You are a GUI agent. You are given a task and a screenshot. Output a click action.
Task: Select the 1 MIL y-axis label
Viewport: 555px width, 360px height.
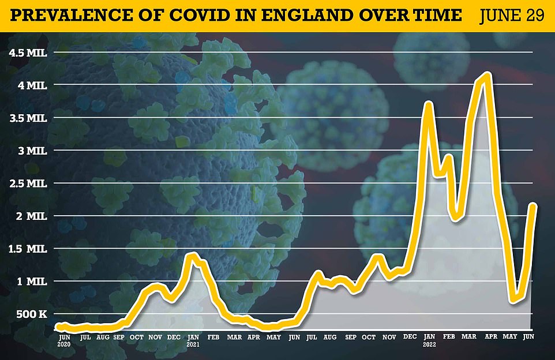[x=34, y=282]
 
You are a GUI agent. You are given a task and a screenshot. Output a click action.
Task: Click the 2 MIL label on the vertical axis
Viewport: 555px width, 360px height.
[x=34, y=216]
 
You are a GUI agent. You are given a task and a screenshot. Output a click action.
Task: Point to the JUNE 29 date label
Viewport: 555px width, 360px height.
[x=511, y=14]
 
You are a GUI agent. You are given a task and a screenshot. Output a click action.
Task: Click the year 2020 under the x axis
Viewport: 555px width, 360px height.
[x=65, y=344]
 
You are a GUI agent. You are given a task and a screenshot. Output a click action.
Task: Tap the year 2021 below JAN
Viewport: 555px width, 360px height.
[x=193, y=344]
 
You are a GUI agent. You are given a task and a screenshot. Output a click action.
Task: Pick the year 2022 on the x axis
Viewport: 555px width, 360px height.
[x=429, y=344]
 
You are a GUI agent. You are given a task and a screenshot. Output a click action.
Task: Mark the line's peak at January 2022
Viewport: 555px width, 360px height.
[x=428, y=103]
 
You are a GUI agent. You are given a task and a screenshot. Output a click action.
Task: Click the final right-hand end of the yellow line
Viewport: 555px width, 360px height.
[x=534, y=205]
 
